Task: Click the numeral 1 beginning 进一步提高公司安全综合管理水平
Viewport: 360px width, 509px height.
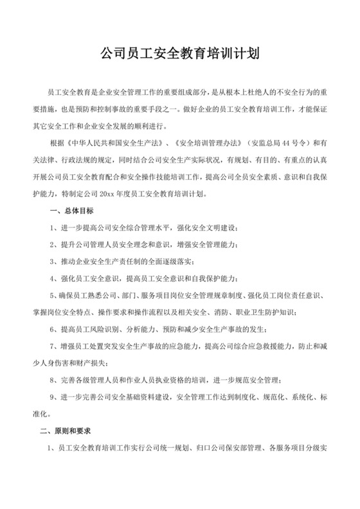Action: (x=51, y=228)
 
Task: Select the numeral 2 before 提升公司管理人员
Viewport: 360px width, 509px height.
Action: (x=51, y=245)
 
